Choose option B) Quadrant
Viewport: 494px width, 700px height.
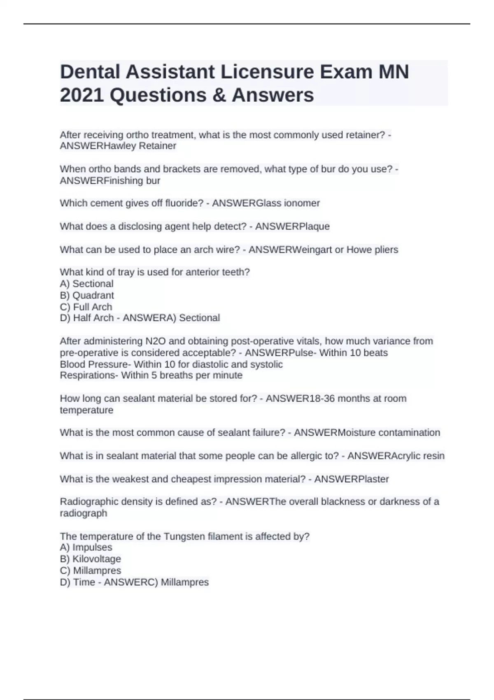(x=87, y=295)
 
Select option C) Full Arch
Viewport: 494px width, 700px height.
(x=86, y=307)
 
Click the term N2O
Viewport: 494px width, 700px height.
(x=155, y=341)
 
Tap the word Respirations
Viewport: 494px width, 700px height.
(x=88, y=376)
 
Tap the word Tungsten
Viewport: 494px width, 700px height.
(x=184, y=537)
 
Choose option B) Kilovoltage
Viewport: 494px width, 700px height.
(x=91, y=559)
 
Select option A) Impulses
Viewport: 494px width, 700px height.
(x=86, y=547)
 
